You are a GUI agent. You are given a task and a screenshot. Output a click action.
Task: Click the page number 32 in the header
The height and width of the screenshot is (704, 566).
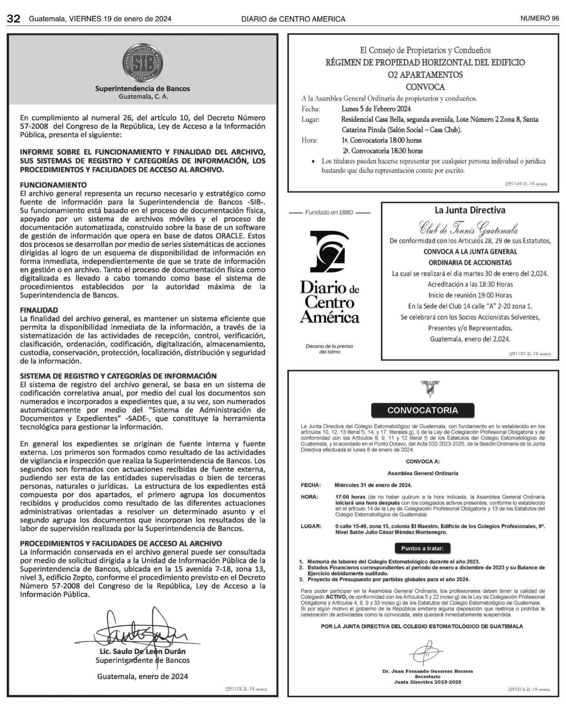(x=14, y=18)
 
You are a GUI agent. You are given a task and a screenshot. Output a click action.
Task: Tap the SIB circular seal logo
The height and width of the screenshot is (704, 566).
(x=143, y=62)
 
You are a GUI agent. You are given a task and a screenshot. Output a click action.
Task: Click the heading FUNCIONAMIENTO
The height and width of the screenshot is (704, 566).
(x=53, y=185)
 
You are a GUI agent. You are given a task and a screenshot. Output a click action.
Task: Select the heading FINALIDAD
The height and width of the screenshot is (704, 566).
(x=39, y=310)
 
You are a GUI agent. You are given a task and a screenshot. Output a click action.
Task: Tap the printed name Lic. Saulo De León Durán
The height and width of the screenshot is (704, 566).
(x=143, y=651)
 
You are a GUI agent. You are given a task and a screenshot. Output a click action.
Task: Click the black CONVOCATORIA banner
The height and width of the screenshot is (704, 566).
(x=423, y=410)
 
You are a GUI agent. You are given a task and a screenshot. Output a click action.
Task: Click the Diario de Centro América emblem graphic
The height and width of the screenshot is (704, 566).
(x=329, y=253)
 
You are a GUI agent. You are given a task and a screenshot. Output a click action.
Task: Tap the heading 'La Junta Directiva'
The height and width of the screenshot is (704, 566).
(x=470, y=210)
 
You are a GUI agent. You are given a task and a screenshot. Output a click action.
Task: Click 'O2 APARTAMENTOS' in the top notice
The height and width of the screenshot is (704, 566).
(x=425, y=75)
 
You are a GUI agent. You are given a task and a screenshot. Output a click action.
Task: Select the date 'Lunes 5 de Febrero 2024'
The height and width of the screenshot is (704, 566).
(x=376, y=109)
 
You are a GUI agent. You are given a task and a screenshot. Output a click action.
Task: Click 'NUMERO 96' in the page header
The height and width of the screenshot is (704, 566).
(x=539, y=18)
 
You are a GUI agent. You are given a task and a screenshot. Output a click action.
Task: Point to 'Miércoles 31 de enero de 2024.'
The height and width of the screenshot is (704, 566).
(x=373, y=485)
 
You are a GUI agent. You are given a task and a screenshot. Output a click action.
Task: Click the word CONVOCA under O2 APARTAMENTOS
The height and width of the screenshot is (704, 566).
(x=425, y=87)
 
